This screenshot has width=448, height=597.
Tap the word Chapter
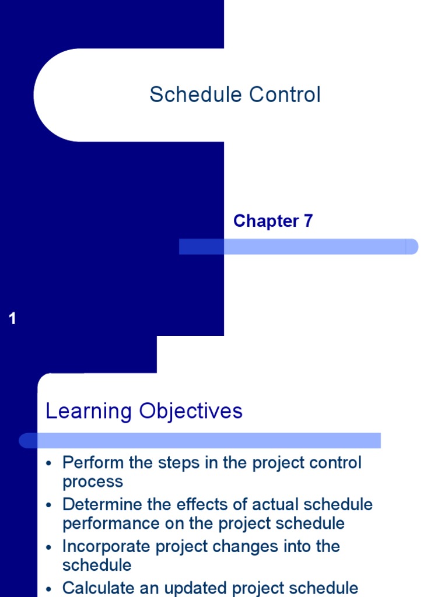(265, 221)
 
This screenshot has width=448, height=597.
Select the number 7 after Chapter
(308, 221)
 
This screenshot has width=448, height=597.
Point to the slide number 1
(13, 318)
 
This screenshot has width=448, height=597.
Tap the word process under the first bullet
(93, 482)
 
